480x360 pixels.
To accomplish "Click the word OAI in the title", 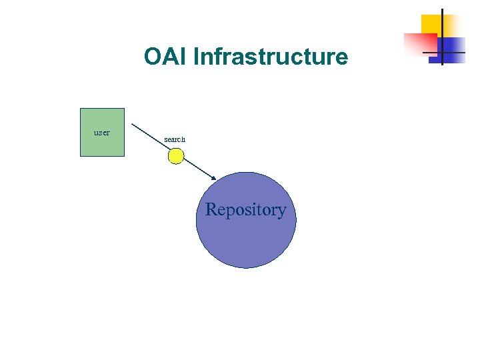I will pyautogui.click(x=165, y=57).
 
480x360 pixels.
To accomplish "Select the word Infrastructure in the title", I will pyautogui.click(x=270, y=57).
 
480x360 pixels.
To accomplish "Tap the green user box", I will pyautogui.click(x=102, y=143).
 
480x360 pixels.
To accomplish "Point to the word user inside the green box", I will pyautogui.click(x=102, y=132).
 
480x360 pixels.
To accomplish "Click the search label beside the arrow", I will pyautogui.click(x=175, y=139).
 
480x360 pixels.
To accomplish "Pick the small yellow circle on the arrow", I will pyautogui.click(x=175, y=156).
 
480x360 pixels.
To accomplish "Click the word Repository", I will pyautogui.click(x=245, y=209).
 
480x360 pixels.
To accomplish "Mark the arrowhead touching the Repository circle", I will pyautogui.click(x=213, y=177).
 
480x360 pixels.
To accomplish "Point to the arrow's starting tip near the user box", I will pyautogui.click(x=132, y=124).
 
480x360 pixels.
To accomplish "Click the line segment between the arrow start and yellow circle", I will pyautogui.click(x=150, y=137).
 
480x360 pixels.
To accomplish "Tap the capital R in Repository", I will pyautogui.click(x=212, y=209).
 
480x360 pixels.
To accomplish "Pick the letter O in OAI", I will pyautogui.click(x=153, y=57).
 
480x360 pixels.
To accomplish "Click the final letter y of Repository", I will pyautogui.click(x=283, y=211).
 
